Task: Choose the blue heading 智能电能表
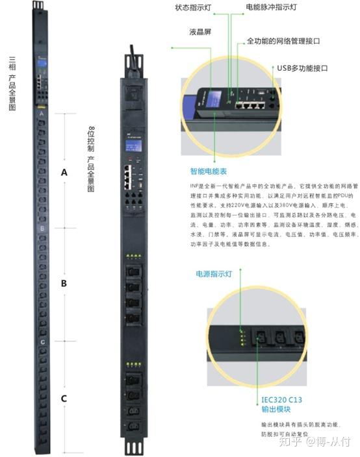pyautogui.click(x=209, y=172)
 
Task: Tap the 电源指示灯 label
pyautogui.click(x=214, y=275)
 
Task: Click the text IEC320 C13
pyautogui.click(x=284, y=399)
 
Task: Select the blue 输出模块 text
pyautogui.click(x=276, y=410)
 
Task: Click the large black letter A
pyautogui.click(x=64, y=173)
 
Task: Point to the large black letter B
pyautogui.click(x=64, y=284)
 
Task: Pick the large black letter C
pyautogui.click(x=64, y=399)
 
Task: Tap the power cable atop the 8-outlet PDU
pyautogui.click(x=133, y=49)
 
